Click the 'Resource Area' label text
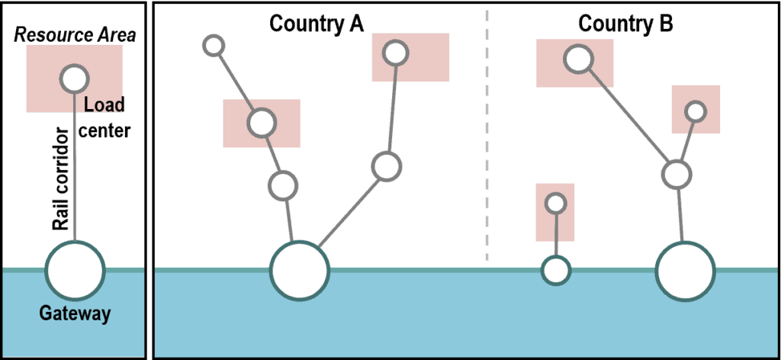tap(75, 35)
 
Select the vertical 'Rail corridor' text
tap(61, 180)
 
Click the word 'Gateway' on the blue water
tap(75, 313)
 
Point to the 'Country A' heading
tap(317, 24)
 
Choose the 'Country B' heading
tap(625, 24)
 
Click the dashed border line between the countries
tap(487, 137)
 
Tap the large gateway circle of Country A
tap(300, 271)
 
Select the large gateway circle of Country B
tap(685, 271)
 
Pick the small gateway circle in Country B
tap(556, 270)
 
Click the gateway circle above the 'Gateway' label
tap(75, 270)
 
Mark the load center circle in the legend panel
tap(75, 78)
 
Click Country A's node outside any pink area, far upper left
tap(214, 45)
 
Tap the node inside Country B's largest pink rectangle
tap(578, 59)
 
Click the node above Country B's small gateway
tap(556, 204)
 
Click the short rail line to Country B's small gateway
tap(556, 236)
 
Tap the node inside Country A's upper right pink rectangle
tap(394, 53)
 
